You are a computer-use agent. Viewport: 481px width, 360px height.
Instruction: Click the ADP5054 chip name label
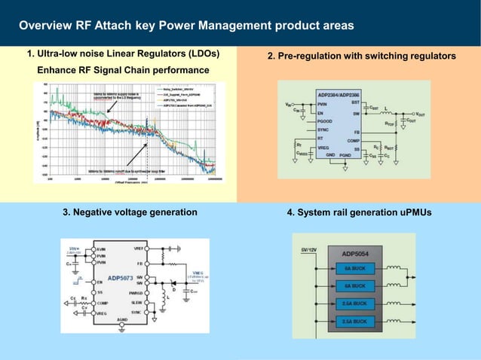coord(354,255)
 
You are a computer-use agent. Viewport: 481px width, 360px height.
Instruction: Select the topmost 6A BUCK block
coord(354,269)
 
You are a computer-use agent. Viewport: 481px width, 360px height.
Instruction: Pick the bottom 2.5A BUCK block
coord(354,321)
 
